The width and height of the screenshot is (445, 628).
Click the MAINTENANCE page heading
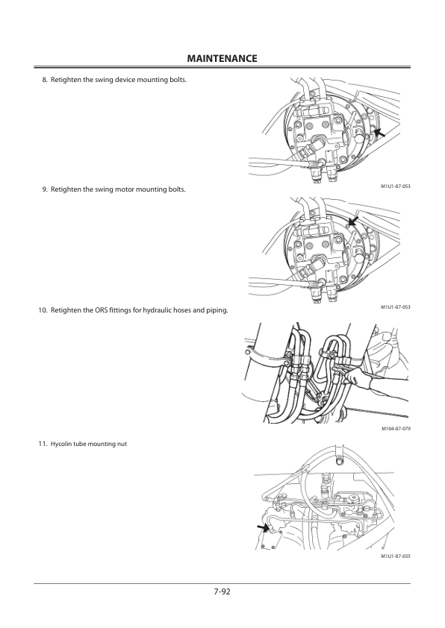pos(222,58)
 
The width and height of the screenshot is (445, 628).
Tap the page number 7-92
pos(222,591)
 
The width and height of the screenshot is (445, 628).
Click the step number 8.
pos(45,80)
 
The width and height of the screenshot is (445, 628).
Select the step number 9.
pos(45,189)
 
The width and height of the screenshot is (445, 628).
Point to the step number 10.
pos(43,310)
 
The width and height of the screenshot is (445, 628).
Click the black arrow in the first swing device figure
pos(379,133)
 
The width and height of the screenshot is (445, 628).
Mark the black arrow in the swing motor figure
pos(353,221)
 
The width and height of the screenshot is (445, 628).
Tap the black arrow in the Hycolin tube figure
pos(263,527)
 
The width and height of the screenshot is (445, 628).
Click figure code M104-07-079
pos(396,429)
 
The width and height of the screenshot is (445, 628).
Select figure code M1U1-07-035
pos(396,556)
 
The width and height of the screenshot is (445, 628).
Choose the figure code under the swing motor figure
pos(396,307)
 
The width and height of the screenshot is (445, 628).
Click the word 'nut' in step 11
pos(122,445)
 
